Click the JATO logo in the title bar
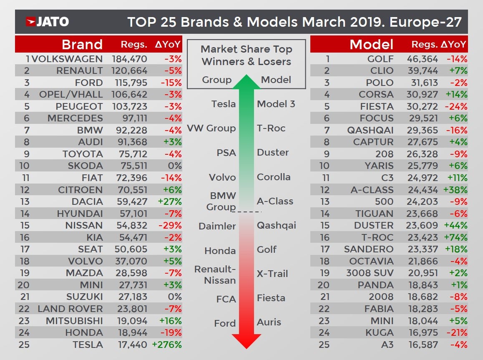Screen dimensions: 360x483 click(x=47, y=22)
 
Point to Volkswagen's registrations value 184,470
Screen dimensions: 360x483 click(x=129, y=59)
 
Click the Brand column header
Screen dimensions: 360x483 click(x=82, y=44)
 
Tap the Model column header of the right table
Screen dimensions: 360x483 click(x=371, y=44)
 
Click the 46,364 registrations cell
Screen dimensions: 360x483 click(x=422, y=59)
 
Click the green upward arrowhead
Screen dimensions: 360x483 click(x=247, y=82)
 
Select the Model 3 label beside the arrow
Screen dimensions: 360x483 click(x=276, y=104)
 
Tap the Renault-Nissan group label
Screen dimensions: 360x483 click(x=215, y=275)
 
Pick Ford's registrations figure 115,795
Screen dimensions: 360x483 click(x=129, y=83)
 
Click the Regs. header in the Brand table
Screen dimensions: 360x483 click(x=133, y=45)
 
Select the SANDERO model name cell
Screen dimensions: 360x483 click(x=368, y=249)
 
